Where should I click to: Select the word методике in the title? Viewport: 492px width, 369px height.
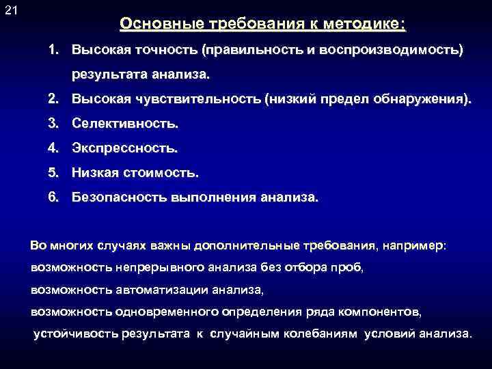pyautogui.click(x=369, y=24)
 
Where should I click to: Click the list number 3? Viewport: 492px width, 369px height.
pyautogui.click(x=53, y=124)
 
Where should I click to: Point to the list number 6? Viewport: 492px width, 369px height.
pyautogui.click(x=53, y=197)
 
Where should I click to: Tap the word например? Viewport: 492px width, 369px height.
pyautogui.click(x=416, y=245)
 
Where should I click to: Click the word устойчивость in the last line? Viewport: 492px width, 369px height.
pyautogui.click(x=76, y=334)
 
